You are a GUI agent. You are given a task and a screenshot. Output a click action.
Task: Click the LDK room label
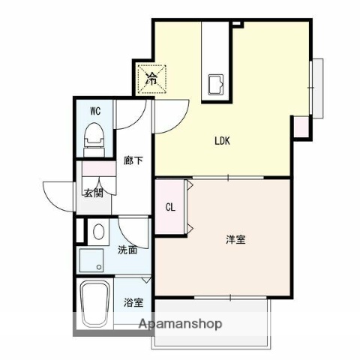click(223, 140)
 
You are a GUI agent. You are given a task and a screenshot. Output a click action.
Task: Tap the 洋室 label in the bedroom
click(236, 240)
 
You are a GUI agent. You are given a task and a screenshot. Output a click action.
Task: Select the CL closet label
click(170, 208)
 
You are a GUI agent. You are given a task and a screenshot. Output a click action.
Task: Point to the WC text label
click(95, 111)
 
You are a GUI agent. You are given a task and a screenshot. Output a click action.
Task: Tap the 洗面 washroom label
click(127, 250)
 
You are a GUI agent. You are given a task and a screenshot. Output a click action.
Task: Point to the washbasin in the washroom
click(97, 232)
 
